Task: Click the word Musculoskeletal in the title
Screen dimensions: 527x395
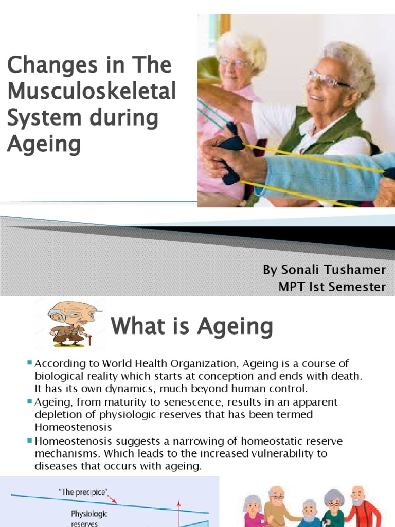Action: coord(92,92)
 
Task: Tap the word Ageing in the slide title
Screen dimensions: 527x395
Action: coord(44,144)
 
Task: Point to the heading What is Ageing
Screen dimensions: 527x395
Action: coord(192,326)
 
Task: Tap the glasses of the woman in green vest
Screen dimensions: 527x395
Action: coord(329,79)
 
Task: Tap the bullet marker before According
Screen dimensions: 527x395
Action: coord(30,363)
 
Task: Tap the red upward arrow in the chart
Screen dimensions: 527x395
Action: coord(180,510)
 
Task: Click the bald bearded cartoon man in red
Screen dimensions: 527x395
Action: coord(363,507)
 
